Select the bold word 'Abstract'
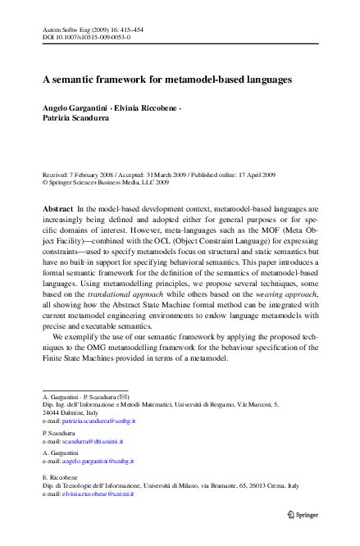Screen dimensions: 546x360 coord(57,210)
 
